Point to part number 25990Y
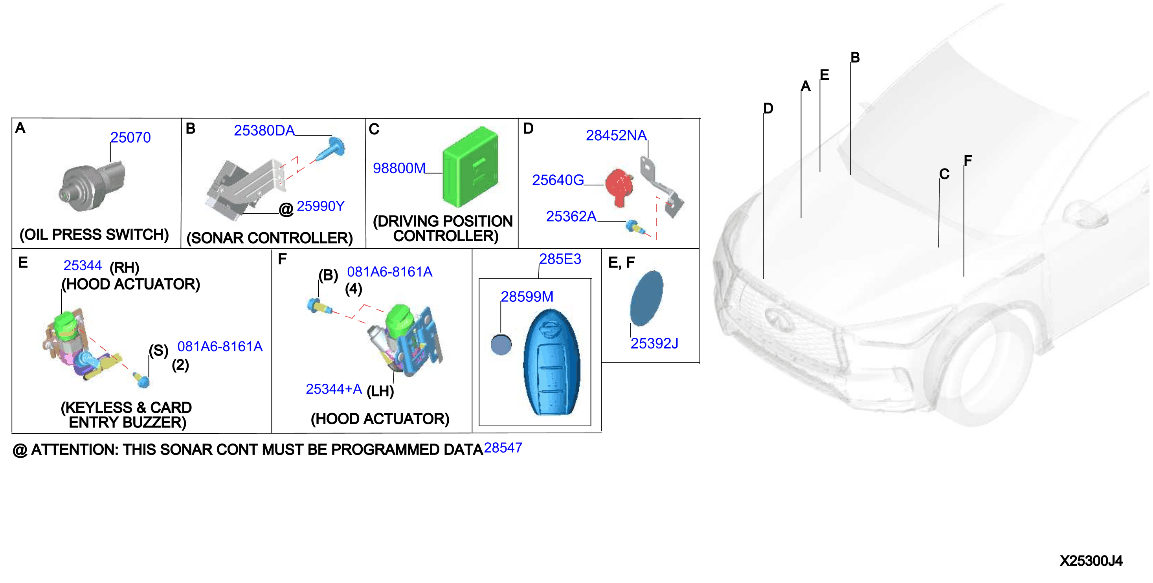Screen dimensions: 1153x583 (321, 206)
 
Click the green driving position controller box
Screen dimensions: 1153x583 (470, 167)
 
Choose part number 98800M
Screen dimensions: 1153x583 (399, 168)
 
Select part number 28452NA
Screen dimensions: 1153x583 (616, 135)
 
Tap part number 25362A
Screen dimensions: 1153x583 (571, 216)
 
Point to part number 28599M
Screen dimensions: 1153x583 (527, 296)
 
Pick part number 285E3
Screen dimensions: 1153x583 (560, 258)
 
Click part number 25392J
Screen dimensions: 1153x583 (654, 343)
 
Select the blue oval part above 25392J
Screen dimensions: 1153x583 (646, 298)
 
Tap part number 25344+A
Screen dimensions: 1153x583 (334, 389)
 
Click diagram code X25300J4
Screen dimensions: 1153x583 (1091, 561)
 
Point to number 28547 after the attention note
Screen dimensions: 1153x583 (503, 447)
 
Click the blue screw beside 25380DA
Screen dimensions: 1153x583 (331, 149)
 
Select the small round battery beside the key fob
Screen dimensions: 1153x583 (501, 345)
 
